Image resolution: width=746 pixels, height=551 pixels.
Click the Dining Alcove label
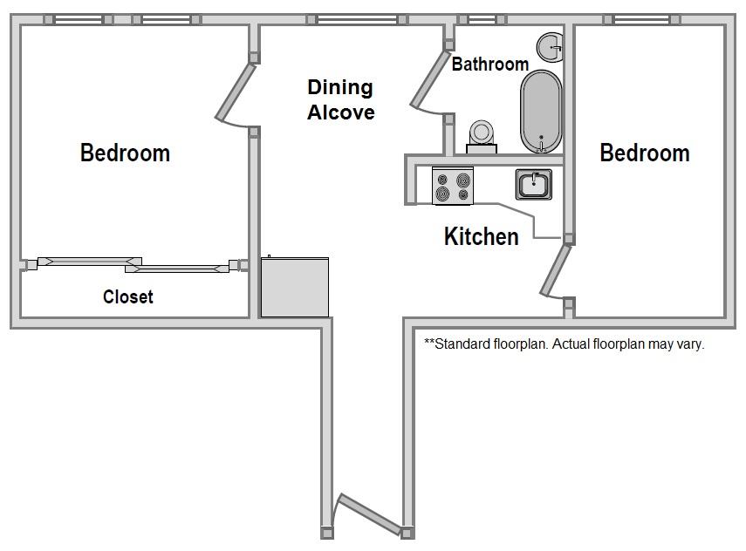pos(340,100)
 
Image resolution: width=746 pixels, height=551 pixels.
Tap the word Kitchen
pos(481,236)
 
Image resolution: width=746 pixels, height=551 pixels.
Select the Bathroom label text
pos(490,64)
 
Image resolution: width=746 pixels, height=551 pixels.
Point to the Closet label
pos(128,296)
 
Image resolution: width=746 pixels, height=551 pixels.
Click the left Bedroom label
pos(125,153)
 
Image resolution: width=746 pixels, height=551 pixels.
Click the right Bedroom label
pos(645,153)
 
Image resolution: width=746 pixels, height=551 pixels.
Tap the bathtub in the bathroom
pos(541,112)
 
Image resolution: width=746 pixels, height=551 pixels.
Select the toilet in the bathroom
pos(482,137)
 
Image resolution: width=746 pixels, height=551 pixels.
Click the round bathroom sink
pos(551,48)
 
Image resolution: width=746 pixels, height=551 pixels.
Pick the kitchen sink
pos(534,184)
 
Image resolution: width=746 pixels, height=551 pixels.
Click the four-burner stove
pos(453,186)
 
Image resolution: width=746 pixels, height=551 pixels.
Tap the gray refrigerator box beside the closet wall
pos(295,287)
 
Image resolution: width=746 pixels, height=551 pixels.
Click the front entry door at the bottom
pos(369,514)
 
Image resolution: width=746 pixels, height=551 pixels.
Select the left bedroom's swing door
pos(236,92)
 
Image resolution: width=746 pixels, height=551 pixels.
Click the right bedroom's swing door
pos(555,269)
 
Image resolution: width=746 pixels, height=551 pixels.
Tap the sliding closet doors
pos(133,265)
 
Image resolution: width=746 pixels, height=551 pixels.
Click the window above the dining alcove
pos(357,19)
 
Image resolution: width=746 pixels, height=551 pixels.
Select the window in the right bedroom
pos(642,19)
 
